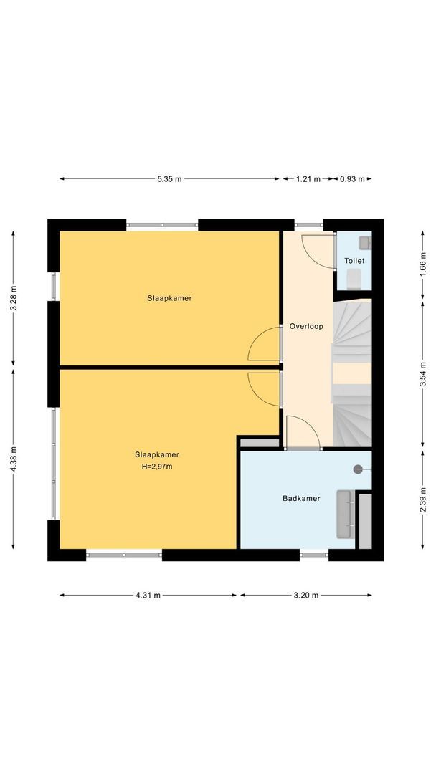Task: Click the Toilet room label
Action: (x=354, y=261)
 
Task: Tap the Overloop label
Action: (x=306, y=326)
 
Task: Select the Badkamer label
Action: (x=301, y=498)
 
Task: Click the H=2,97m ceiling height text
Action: (x=157, y=466)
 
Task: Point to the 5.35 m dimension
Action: (x=169, y=179)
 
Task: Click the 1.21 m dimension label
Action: (x=308, y=179)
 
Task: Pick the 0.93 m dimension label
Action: (x=352, y=179)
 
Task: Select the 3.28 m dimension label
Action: (x=14, y=297)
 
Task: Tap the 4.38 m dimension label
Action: (x=14, y=459)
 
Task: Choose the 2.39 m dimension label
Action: (x=422, y=500)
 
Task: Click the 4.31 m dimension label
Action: (x=148, y=596)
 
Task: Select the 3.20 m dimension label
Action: (x=306, y=596)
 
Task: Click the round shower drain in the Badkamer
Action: (x=358, y=469)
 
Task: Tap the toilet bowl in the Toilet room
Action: (x=354, y=279)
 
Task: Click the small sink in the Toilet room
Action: (x=364, y=242)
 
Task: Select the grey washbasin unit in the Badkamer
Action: (x=345, y=514)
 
